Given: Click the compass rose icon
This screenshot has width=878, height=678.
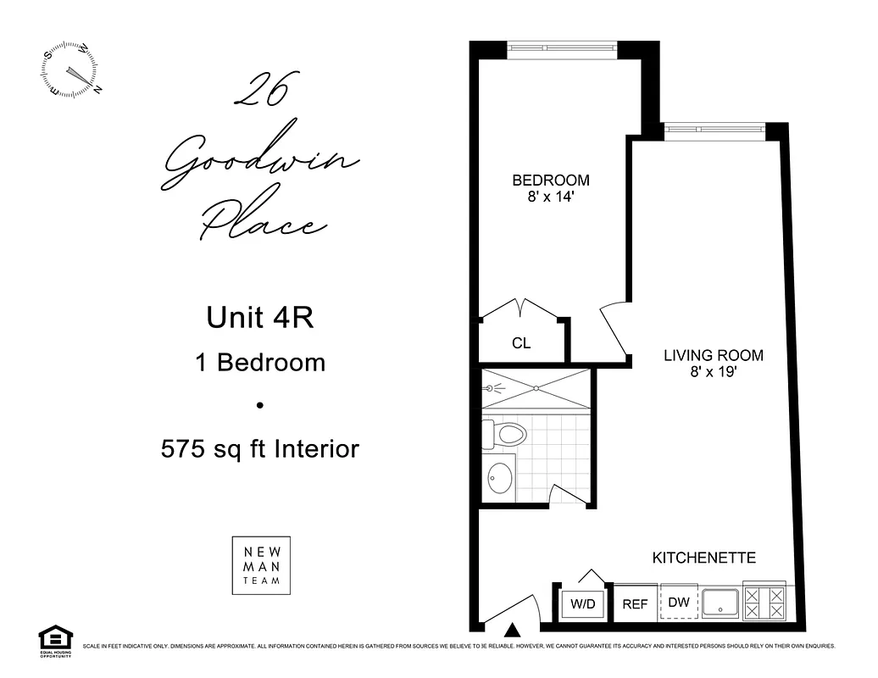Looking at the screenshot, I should tap(70, 70).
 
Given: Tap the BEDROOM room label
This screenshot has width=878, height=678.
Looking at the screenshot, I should tap(550, 181).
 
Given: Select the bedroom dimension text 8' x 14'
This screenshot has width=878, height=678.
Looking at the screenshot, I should tap(550, 197).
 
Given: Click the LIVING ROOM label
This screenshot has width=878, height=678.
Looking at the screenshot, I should tap(713, 355).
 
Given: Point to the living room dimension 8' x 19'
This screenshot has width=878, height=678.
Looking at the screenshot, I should tap(713, 371).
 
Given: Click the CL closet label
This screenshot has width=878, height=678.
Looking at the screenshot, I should tap(521, 343).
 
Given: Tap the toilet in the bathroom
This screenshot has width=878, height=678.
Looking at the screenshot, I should tap(505, 436).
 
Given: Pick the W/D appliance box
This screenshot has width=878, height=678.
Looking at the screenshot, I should tap(581, 604).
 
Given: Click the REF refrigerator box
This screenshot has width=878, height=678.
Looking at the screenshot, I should tap(635, 605).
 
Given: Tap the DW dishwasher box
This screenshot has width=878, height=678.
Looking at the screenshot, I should tap(679, 603).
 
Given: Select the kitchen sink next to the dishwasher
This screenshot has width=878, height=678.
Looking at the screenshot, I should tap(720, 603).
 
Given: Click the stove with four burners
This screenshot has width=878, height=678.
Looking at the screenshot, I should tap(764, 603).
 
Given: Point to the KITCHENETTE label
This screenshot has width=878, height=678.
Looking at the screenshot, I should tap(703, 558).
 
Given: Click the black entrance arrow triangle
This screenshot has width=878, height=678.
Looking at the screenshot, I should tap(512, 629).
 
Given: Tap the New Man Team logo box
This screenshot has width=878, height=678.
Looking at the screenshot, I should tap(261, 565).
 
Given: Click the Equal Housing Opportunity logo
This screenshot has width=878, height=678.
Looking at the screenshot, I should tap(56, 642).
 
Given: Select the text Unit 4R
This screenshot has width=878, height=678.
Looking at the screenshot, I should tap(260, 318).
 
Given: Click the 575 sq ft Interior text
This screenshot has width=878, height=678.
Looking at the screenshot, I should tap(260, 448).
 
